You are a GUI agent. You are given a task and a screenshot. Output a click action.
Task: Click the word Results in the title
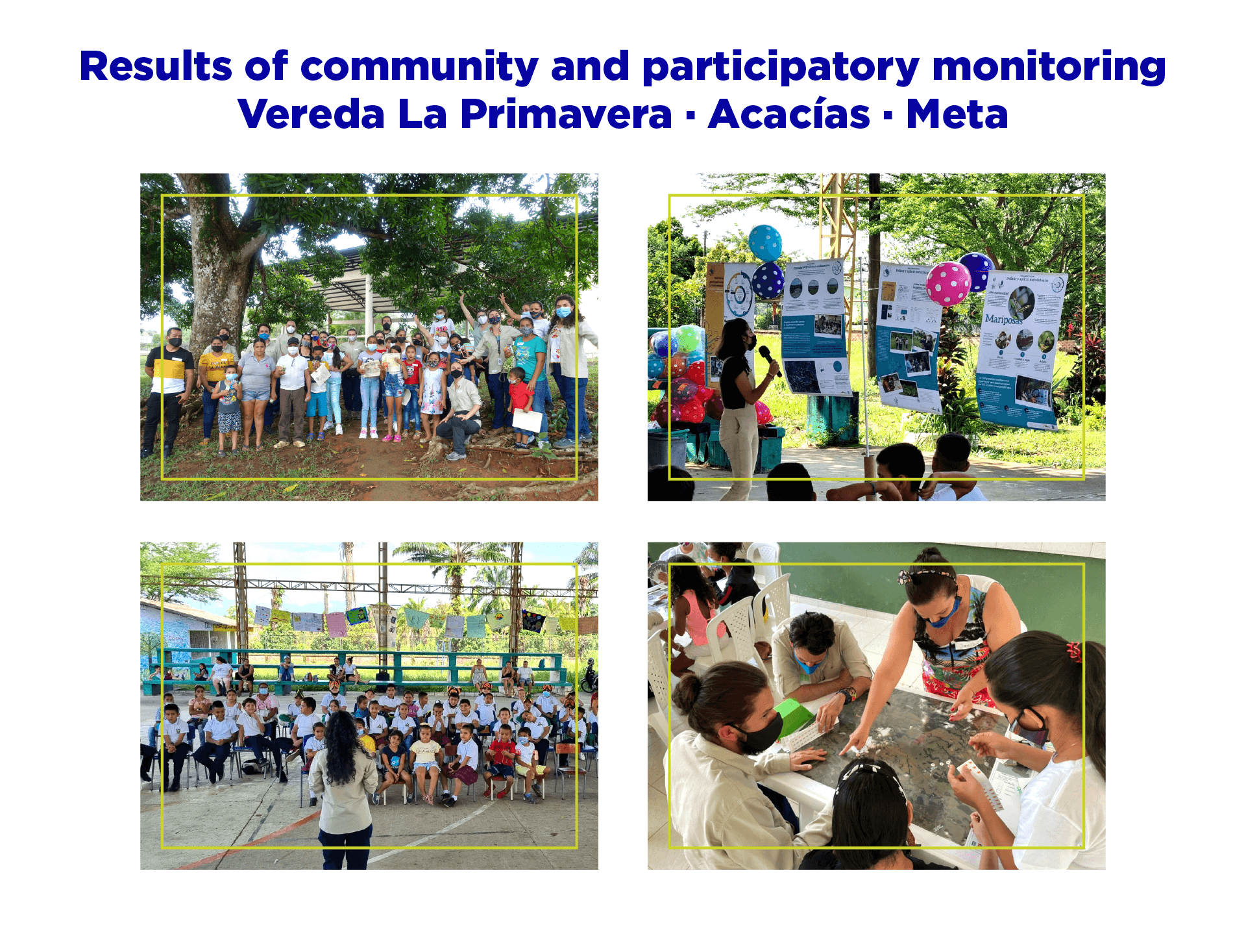click(x=155, y=66)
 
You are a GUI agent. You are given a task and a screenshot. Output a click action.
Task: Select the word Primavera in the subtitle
click(x=566, y=114)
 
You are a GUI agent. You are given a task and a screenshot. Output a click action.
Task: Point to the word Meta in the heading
click(x=957, y=114)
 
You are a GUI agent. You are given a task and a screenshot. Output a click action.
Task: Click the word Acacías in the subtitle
click(x=788, y=114)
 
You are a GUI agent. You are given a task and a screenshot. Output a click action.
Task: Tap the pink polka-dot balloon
click(x=948, y=284)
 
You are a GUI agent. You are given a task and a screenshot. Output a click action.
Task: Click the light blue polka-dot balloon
click(x=765, y=242)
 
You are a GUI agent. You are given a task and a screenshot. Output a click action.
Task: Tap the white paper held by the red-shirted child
click(x=527, y=421)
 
